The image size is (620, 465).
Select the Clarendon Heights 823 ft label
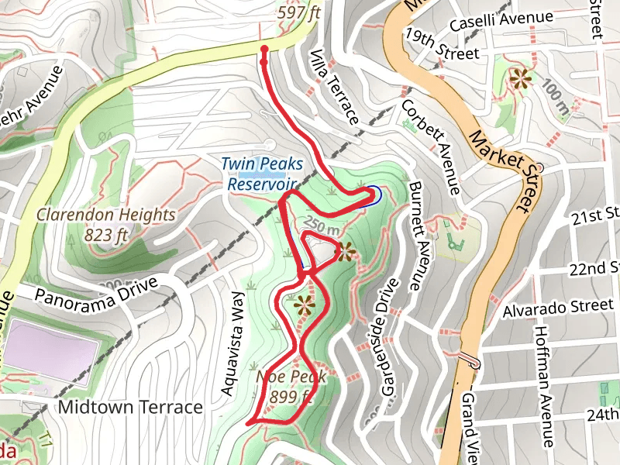[105, 224]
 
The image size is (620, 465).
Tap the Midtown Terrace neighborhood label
[130, 407]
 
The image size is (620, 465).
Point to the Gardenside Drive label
[379, 338]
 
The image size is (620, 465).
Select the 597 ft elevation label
[298, 12]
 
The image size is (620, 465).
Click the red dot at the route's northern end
[264, 50]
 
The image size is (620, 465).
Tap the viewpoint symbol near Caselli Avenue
[520, 77]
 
